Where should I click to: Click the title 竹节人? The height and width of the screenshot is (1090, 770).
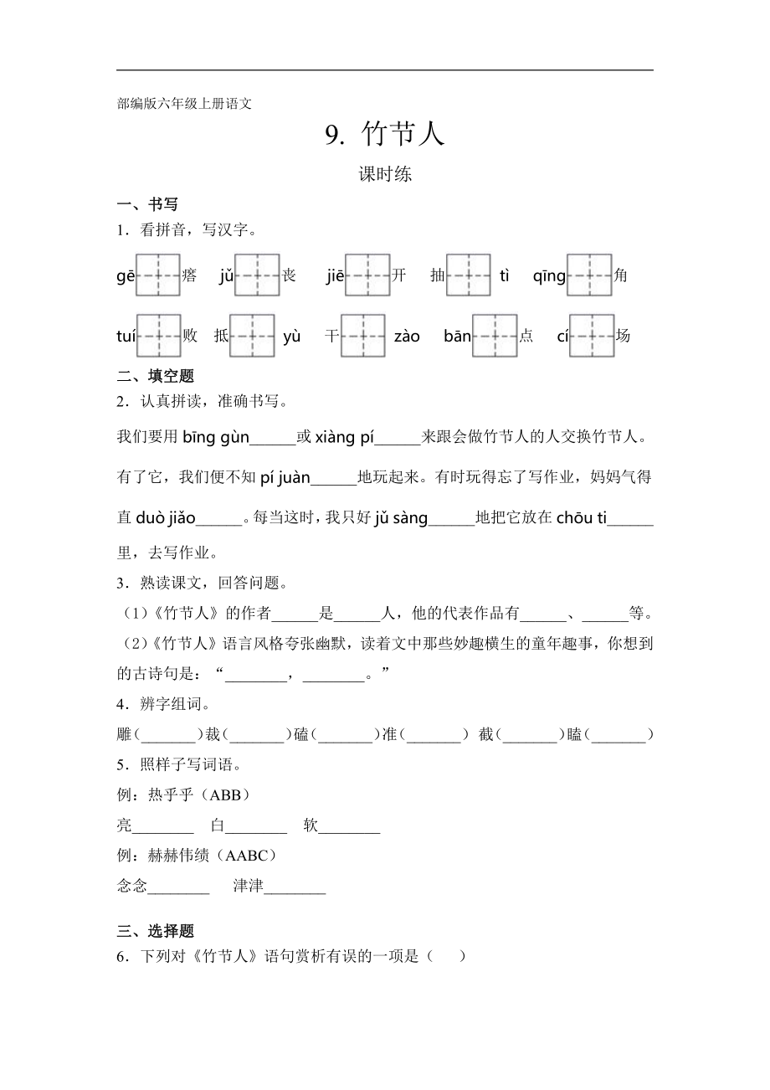[403, 134]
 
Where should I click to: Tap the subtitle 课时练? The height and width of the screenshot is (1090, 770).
[385, 175]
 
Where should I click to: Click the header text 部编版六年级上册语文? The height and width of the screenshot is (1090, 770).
[184, 104]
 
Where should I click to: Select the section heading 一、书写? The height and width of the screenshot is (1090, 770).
[147, 204]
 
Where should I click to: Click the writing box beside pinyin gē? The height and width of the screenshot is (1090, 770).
[158, 275]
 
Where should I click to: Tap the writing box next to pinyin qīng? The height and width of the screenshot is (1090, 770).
[589, 275]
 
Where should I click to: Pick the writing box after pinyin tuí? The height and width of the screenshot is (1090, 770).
[159, 336]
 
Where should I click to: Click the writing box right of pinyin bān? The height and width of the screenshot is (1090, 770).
[495, 336]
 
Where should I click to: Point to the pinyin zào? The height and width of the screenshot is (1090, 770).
[407, 337]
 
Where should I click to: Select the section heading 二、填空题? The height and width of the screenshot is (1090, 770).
[156, 377]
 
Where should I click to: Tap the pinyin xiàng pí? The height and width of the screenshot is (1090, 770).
[344, 437]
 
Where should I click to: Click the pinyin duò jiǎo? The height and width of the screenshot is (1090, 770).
[165, 518]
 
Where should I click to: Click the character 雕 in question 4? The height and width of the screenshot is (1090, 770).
[125, 735]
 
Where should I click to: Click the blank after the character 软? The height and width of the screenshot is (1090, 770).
[350, 826]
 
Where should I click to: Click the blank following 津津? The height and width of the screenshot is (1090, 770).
[295, 887]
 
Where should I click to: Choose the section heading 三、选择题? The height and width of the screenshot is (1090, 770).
[156, 931]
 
